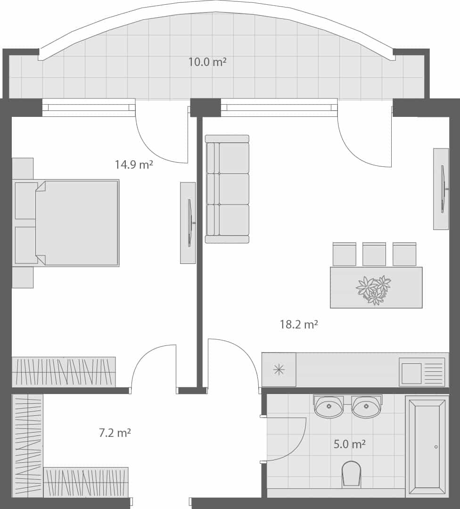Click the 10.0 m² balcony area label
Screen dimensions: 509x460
(x=207, y=62)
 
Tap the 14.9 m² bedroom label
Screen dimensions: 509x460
(x=134, y=164)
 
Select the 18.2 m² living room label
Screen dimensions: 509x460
(x=299, y=324)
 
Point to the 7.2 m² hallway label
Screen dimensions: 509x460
(x=115, y=433)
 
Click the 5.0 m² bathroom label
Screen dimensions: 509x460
(x=350, y=444)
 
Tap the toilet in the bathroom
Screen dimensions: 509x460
(x=351, y=473)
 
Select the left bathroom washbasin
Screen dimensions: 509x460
(x=329, y=407)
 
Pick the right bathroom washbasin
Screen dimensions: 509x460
(x=366, y=407)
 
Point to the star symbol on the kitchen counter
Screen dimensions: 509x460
(x=279, y=370)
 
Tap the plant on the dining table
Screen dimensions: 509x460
(x=374, y=289)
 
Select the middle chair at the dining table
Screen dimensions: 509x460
(x=374, y=254)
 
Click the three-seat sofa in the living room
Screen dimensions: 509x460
(x=227, y=189)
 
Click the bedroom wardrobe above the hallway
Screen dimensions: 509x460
(x=64, y=372)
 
